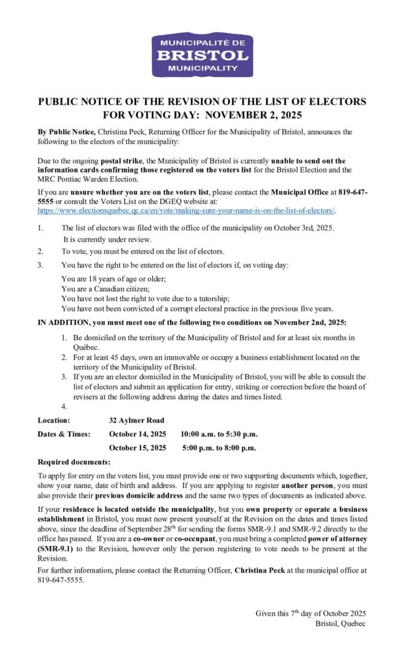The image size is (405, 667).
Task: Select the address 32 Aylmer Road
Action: (136, 420)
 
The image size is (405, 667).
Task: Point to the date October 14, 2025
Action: (137, 434)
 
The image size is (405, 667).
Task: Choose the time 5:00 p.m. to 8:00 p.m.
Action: (219, 447)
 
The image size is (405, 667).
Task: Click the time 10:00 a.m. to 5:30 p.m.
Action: (219, 434)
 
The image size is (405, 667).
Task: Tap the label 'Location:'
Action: (54, 420)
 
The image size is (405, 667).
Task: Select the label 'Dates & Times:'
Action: (64, 434)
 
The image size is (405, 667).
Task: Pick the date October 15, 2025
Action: (137, 447)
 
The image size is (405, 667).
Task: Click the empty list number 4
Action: (64, 407)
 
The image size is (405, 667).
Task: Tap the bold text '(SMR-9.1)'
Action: (55, 550)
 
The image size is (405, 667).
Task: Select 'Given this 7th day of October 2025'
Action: (311, 614)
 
